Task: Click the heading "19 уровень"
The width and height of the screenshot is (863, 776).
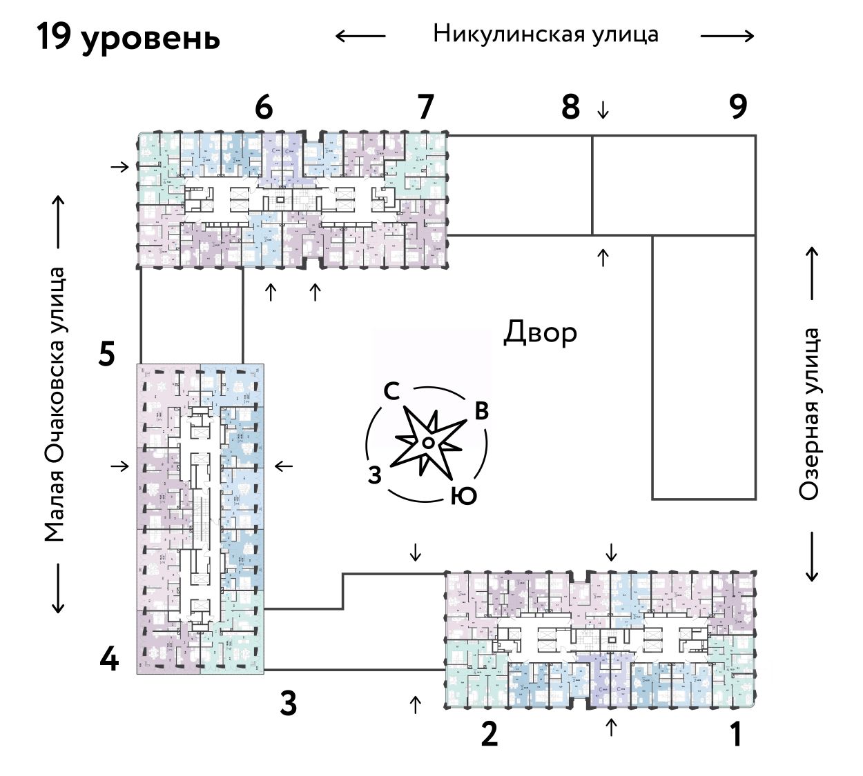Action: coord(128,37)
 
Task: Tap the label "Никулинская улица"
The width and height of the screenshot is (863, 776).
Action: coord(545,34)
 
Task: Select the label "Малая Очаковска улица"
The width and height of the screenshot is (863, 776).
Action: coord(55,404)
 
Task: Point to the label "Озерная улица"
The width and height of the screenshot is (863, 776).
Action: coord(809,414)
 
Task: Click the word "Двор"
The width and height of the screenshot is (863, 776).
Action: coord(540,332)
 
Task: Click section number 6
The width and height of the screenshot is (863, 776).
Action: coord(264,108)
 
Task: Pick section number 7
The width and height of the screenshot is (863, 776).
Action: coord(425,108)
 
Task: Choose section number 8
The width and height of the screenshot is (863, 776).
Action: coord(570,108)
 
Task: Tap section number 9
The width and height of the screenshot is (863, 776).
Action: coord(738,107)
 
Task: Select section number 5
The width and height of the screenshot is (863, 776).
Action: coord(107,355)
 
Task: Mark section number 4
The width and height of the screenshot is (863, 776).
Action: coord(109,660)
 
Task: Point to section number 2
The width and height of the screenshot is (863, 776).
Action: coord(489,734)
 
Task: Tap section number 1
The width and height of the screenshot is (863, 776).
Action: coord(737,734)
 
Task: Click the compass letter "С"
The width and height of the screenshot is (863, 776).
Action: coord(391,392)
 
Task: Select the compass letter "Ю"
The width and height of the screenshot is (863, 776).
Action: coord(463,495)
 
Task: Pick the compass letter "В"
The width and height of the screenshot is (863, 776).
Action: coord(481,411)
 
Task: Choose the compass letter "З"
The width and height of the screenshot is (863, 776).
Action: coord(375,475)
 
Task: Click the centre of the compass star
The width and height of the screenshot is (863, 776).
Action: coord(428,442)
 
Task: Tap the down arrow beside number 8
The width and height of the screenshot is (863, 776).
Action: coord(603,109)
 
